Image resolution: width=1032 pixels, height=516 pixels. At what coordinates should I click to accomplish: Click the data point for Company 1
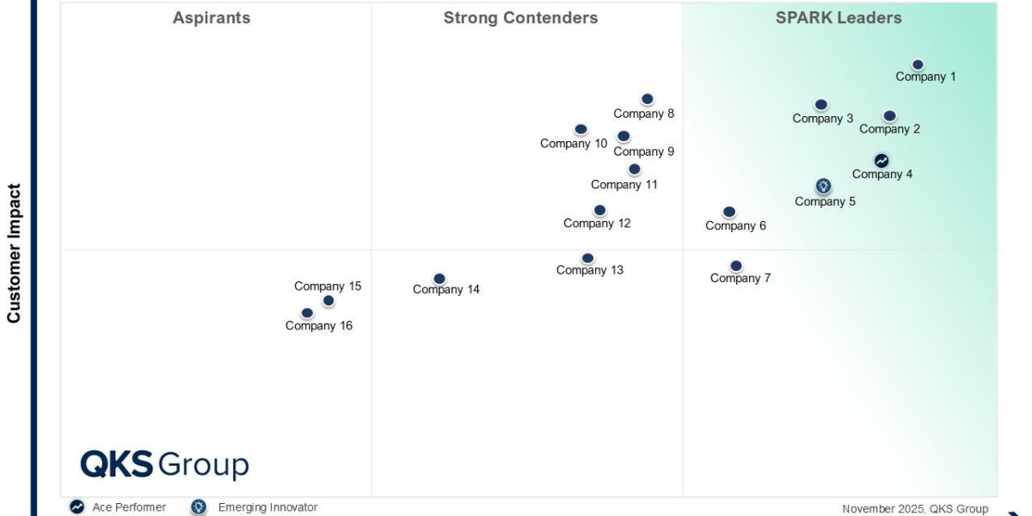(918, 64)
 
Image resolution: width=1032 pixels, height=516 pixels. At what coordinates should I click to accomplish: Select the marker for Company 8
(647, 100)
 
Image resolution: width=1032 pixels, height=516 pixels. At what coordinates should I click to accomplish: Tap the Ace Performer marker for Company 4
(881, 161)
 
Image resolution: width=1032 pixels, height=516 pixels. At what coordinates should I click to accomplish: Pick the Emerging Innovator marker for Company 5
(823, 186)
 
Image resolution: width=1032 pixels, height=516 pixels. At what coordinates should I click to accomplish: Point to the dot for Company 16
(307, 314)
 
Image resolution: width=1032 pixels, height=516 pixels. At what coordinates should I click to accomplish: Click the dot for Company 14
(439, 279)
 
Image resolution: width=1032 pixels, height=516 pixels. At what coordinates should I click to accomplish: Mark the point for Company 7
(735, 267)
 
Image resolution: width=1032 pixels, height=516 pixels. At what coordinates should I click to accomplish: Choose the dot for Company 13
(587, 258)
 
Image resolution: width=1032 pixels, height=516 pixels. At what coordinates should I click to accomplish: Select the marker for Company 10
(580, 130)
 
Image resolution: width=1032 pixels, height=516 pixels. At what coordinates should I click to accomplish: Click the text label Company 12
(597, 224)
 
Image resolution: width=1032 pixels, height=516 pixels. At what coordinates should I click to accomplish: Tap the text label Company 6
(735, 226)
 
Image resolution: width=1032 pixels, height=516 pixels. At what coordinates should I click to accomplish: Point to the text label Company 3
(822, 119)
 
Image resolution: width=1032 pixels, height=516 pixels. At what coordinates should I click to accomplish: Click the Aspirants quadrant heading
(212, 18)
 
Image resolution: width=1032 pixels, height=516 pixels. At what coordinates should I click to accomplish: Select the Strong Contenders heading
(520, 18)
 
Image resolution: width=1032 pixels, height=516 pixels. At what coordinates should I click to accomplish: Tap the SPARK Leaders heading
(838, 18)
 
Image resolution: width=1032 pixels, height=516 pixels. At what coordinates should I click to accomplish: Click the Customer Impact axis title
(14, 253)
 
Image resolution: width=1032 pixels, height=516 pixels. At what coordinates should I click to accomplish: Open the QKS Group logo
(164, 464)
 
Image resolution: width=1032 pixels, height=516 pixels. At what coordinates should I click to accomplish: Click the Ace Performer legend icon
(77, 507)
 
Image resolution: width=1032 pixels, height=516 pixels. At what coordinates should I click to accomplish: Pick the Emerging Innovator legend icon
(199, 507)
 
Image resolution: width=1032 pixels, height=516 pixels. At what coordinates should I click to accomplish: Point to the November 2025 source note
(915, 509)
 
